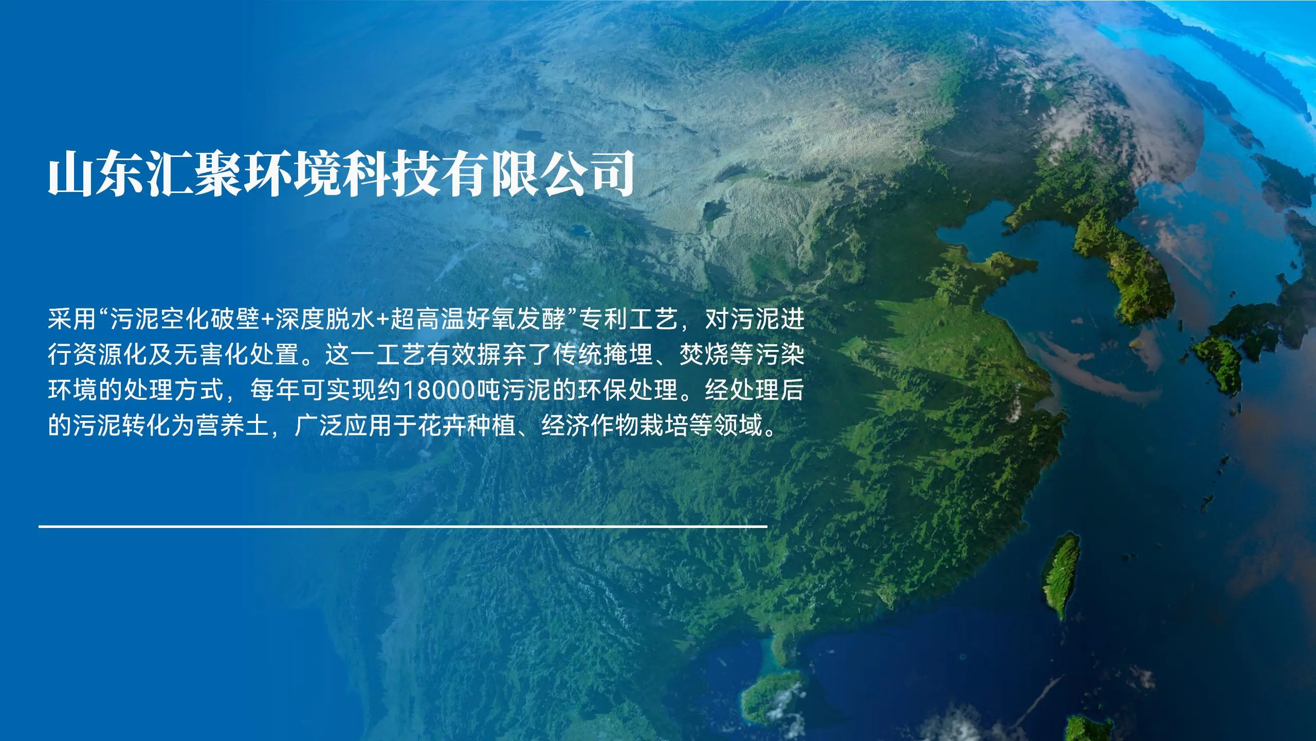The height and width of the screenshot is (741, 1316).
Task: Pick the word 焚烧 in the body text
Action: pos(704,356)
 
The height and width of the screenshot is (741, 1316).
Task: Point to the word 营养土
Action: pos(233,427)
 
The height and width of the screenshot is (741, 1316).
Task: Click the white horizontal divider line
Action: pos(403,526)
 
